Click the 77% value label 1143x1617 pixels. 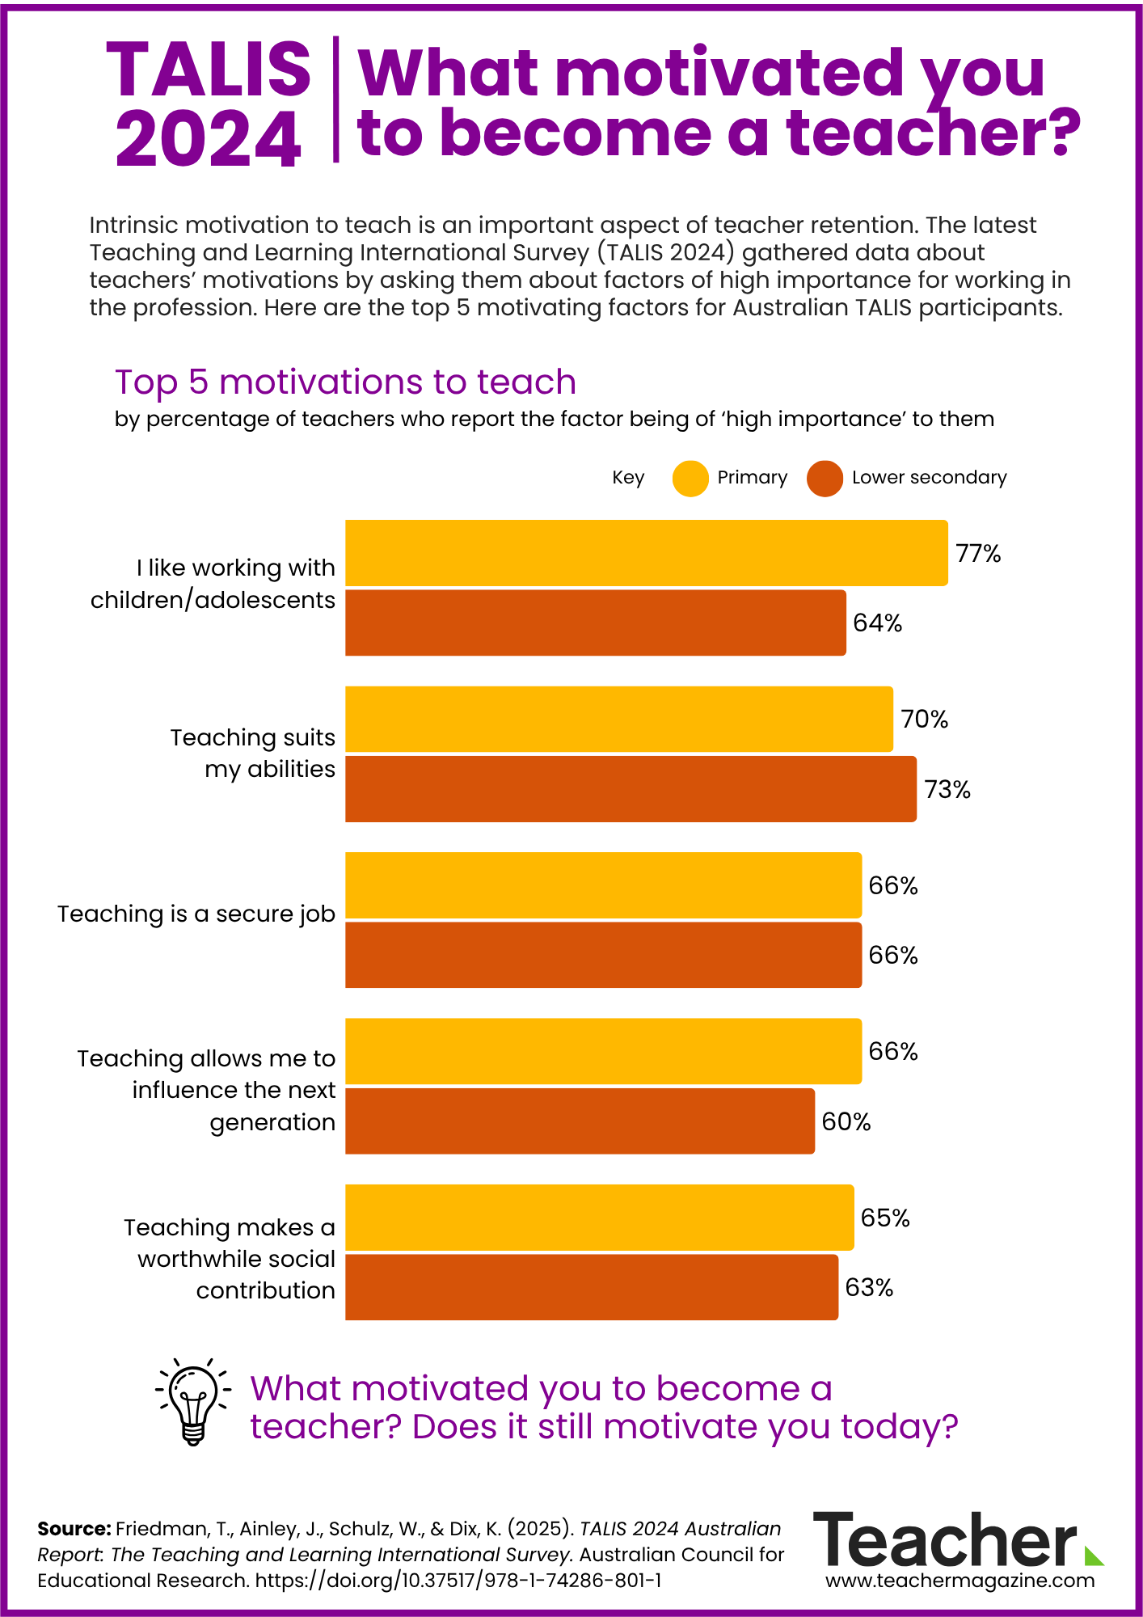click(978, 554)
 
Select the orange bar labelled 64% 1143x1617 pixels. click(595, 623)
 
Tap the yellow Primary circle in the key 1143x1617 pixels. click(690, 479)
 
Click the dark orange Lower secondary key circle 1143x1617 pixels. click(825, 479)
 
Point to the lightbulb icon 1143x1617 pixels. click(193, 1405)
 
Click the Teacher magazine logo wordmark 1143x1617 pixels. click(946, 1540)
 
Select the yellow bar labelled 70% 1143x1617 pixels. click(618, 719)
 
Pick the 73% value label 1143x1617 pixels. click(947, 790)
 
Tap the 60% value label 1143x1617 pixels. click(846, 1122)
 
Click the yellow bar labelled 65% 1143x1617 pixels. click(599, 1217)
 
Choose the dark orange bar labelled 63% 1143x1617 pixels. click(591, 1287)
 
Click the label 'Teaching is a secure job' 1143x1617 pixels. click(196, 914)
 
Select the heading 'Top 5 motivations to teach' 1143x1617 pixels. click(345, 382)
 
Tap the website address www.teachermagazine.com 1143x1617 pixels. click(960, 1580)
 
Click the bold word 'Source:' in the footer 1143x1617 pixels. click(74, 1529)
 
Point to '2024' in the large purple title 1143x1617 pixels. click(209, 139)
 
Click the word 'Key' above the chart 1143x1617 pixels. click(628, 478)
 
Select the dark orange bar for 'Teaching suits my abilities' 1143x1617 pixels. click(631, 789)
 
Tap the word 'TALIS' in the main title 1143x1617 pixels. click(209, 70)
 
